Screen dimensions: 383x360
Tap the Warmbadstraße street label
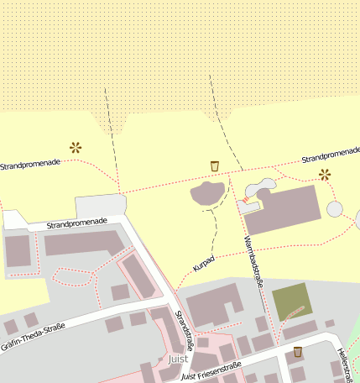tap(253, 263)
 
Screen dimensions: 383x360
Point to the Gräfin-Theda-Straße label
tap(33, 336)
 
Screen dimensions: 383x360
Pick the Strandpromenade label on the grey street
tap(77, 223)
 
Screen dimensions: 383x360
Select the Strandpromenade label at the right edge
tap(331, 155)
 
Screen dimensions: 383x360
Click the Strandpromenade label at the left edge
tap(29, 163)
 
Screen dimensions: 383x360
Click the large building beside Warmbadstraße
tap(284, 209)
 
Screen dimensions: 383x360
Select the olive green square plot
tap(292, 301)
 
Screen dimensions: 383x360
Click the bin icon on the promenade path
tap(215, 165)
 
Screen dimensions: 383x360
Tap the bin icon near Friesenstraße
tap(297, 352)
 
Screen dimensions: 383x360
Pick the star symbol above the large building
tap(325, 175)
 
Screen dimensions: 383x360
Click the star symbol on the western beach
tap(76, 147)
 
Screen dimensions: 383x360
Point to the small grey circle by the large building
tap(335, 208)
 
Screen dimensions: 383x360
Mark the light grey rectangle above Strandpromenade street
tap(100, 205)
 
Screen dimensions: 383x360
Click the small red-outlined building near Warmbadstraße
tap(249, 205)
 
